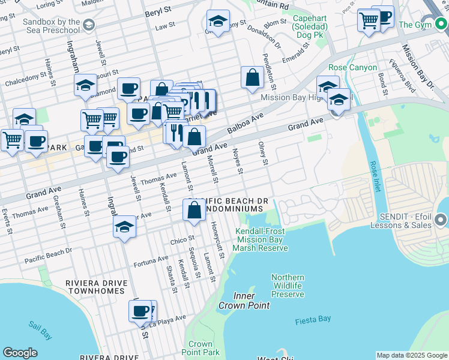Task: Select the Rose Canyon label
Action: coord(353,68)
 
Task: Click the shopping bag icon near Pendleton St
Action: coord(253,78)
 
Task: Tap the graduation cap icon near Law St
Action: coord(218,22)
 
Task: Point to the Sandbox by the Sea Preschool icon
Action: coord(89,25)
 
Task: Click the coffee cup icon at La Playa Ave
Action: coord(140,311)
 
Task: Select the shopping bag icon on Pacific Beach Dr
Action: coord(194,211)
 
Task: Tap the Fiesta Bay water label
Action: coord(313,321)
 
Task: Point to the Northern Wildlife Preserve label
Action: coord(288,286)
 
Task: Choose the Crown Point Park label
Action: coord(200,349)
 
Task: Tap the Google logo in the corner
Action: coord(20,353)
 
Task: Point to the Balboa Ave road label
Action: coord(245,123)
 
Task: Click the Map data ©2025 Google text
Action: coord(412,355)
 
